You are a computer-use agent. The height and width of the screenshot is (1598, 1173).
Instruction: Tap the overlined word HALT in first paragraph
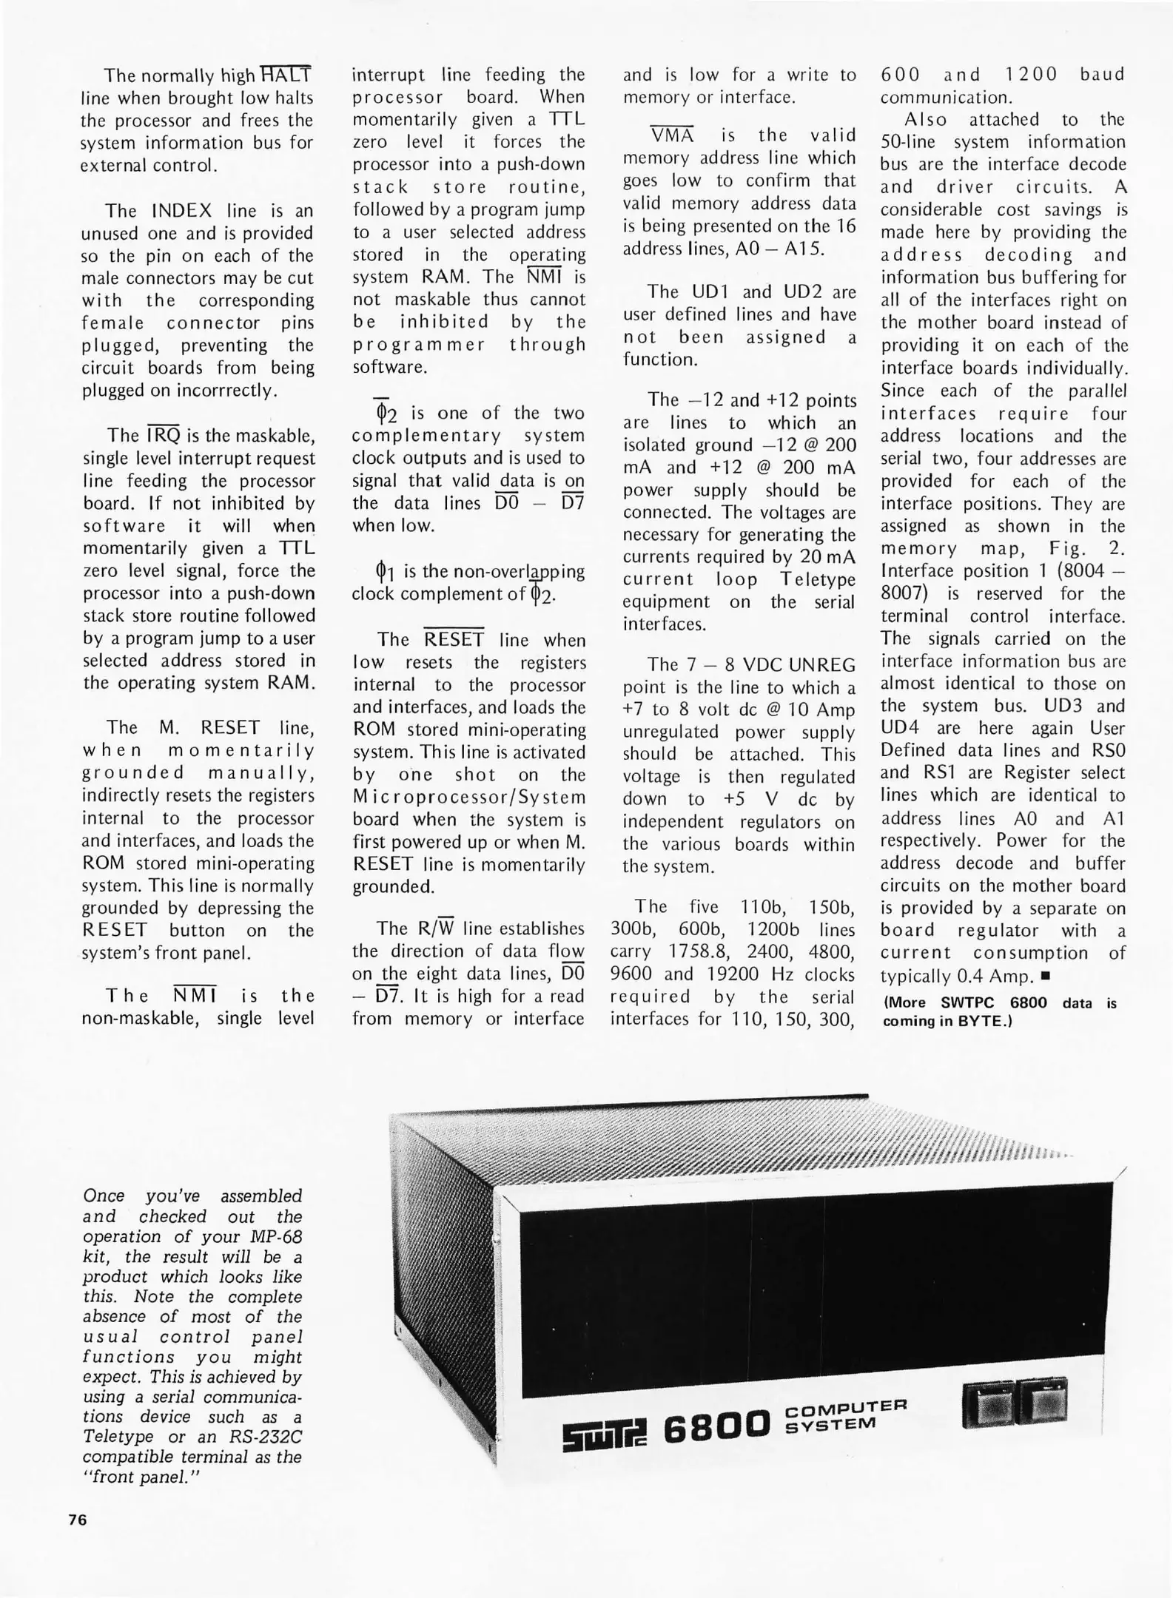tap(286, 75)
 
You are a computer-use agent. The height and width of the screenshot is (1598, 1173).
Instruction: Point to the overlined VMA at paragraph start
tap(672, 135)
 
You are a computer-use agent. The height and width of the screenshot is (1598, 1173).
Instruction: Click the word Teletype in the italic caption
tap(118, 1437)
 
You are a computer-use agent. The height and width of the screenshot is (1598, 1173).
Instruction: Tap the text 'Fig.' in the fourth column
tap(1069, 549)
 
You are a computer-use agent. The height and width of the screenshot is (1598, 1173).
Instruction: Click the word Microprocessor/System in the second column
tap(469, 798)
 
